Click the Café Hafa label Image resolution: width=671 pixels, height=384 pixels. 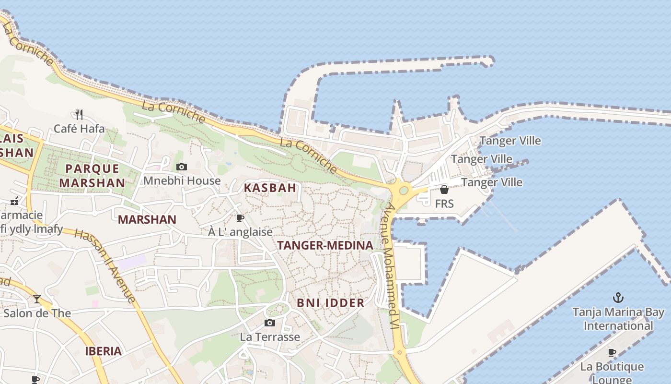pos(79,129)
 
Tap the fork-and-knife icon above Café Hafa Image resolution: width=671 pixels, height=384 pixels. pos(79,114)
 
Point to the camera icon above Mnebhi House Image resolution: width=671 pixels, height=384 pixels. pos(182,167)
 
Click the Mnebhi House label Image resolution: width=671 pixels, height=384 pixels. pos(182,181)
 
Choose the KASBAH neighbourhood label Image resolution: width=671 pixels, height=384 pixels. pos(270,188)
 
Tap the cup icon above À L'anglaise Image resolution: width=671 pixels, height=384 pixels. pos(240,218)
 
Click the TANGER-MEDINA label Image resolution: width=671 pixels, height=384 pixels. pos(325,245)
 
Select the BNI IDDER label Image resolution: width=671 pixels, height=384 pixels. pos(331,303)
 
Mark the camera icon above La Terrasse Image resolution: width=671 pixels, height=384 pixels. pos(270,323)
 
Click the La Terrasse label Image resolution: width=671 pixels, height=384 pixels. pos(270,337)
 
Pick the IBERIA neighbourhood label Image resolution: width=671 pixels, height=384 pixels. pos(103,351)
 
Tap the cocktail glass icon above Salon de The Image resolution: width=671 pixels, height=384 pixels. pos(37,299)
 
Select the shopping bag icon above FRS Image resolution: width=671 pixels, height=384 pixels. pos(444,190)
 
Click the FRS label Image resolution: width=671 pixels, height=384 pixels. pos(444,204)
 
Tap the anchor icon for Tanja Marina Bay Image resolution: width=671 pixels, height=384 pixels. pos(618,298)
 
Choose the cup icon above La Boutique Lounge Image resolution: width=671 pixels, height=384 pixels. pos(612,353)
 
